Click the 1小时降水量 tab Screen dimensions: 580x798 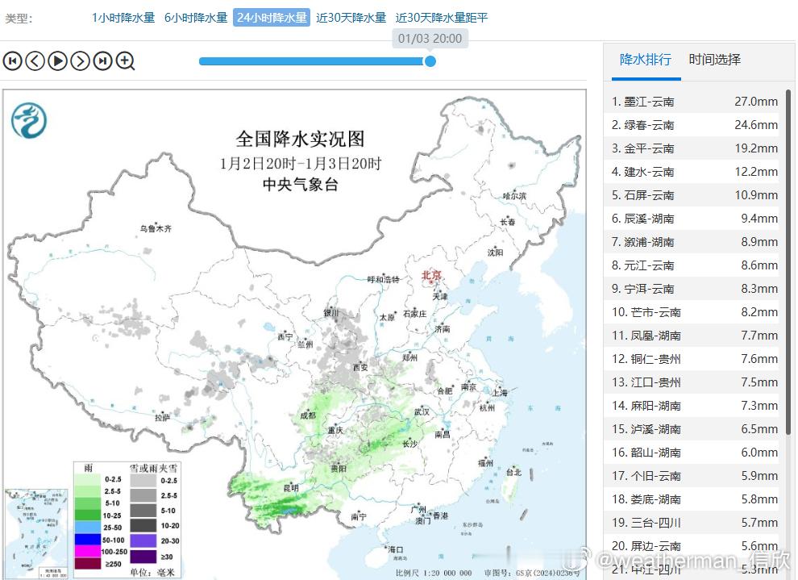tap(123, 18)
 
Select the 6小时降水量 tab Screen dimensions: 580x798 tap(196, 18)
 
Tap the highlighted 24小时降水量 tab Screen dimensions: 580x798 tap(272, 18)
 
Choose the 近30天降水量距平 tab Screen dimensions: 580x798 tap(442, 18)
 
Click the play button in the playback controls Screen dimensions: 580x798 tap(57, 61)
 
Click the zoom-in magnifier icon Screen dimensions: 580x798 tap(125, 61)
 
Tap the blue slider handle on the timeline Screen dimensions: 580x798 tap(430, 61)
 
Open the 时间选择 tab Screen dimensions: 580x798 tap(714, 60)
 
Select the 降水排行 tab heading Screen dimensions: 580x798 tap(645, 60)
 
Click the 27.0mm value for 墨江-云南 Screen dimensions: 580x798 tap(755, 102)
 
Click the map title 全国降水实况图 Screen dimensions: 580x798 tap(300, 139)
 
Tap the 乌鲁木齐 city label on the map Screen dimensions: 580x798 tap(156, 229)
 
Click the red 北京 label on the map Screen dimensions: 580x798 tap(432, 276)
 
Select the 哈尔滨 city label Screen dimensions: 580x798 tap(514, 196)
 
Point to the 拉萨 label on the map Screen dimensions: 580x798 tap(162, 417)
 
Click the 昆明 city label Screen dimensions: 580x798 tap(291, 488)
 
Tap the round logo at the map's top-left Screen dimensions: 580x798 tap(28, 120)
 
